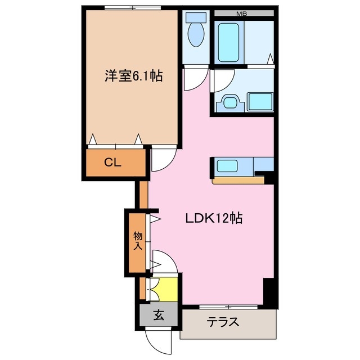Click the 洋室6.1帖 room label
coord(133,76)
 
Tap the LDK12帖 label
coord(214,218)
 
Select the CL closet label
coord(112,163)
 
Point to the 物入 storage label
coord(137,240)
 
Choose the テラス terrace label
coord(223,323)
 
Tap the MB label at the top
coord(241,12)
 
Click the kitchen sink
coord(228,166)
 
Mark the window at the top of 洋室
coord(133,8)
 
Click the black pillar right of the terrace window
coord(271,292)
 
